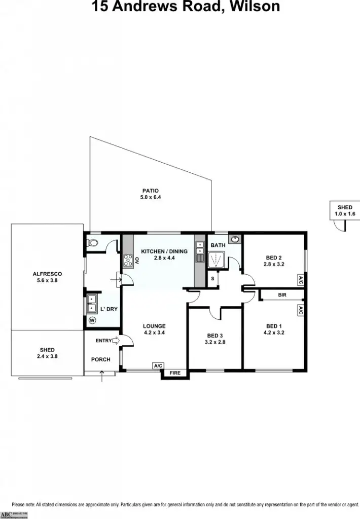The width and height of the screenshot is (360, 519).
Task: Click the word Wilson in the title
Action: point(253,7)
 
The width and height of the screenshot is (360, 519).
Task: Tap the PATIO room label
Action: point(150,191)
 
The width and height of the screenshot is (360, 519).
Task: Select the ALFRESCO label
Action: point(47,274)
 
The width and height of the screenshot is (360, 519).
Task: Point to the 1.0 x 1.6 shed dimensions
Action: point(345,214)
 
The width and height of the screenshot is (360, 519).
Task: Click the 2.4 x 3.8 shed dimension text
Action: point(47,356)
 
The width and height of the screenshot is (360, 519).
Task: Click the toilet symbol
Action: point(93,243)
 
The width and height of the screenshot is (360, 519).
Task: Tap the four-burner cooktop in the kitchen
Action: point(127,261)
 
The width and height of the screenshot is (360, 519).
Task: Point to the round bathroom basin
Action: point(235,239)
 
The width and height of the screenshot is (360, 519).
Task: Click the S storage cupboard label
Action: point(213,279)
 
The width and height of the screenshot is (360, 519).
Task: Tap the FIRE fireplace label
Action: point(175,373)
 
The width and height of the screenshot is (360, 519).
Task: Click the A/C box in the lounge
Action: point(158,365)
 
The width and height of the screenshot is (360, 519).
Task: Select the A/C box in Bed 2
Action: point(301,279)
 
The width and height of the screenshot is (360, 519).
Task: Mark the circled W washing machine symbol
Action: point(92,320)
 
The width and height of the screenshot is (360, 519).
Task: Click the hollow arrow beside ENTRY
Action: point(115,341)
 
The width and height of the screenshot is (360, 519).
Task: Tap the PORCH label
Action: point(100,359)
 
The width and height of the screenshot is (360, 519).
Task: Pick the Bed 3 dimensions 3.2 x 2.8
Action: point(215,342)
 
